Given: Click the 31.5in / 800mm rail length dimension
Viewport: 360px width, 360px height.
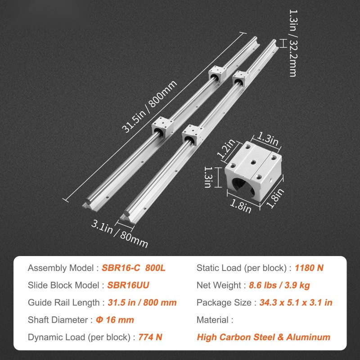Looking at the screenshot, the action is pos(149,107).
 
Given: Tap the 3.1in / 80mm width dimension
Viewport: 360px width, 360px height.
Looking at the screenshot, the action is pos(119,234).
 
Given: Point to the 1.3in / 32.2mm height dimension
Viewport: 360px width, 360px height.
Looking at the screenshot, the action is pos(292,43).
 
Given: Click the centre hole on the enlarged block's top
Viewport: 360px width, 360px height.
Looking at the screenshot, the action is pos(253,162).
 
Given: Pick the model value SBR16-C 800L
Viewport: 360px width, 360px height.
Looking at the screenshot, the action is pos(133,268).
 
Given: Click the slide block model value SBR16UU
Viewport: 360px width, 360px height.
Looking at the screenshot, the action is pos(128,285).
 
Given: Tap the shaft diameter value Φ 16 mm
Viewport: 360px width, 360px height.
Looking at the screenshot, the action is pos(115,320).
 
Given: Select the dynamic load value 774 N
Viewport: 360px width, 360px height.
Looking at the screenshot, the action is pos(150,337).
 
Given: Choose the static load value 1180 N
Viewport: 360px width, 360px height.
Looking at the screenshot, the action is pos(309,268).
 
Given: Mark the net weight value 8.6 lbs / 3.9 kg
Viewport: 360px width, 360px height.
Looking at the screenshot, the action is pos(279,285).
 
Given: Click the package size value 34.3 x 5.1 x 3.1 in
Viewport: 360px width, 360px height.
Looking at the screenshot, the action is pos(296,302).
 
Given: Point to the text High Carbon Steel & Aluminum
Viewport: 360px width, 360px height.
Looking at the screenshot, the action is pos(264,337).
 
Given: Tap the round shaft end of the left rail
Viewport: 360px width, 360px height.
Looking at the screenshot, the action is pos(88,201).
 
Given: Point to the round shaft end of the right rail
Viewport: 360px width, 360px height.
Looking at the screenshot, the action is pos(126,214).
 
